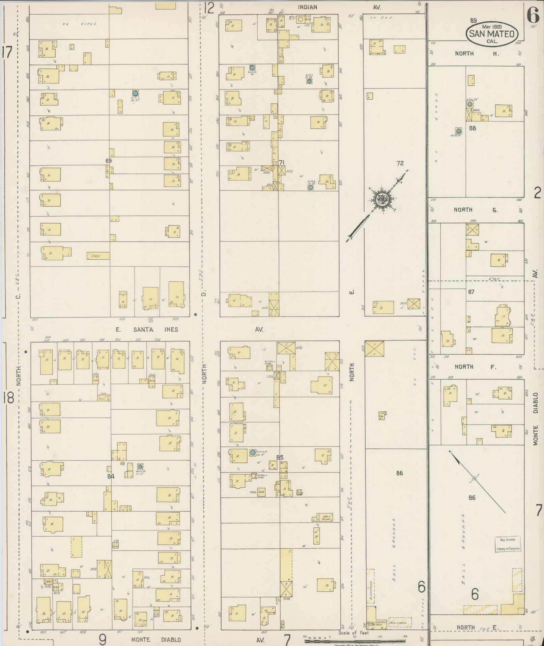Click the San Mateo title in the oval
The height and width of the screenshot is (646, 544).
[x=492, y=34]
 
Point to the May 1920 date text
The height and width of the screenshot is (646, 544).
[x=492, y=27]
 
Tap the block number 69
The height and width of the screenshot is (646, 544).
[x=108, y=161]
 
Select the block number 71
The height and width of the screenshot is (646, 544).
[x=282, y=162]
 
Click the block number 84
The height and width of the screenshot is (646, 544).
[x=111, y=476]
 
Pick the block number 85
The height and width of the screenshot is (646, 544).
[x=280, y=458]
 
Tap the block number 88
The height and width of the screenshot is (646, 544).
[x=473, y=128]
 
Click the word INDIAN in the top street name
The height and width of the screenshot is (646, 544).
[x=307, y=7]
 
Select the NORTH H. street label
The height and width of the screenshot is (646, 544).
[x=477, y=54]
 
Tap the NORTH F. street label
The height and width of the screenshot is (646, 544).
[x=476, y=367]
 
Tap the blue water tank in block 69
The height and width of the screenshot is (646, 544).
[x=135, y=93]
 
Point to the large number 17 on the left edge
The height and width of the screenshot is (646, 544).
[x=7, y=52]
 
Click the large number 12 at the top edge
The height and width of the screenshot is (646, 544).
[x=209, y=7]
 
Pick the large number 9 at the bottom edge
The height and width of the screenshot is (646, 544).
[x=103, y=639]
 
